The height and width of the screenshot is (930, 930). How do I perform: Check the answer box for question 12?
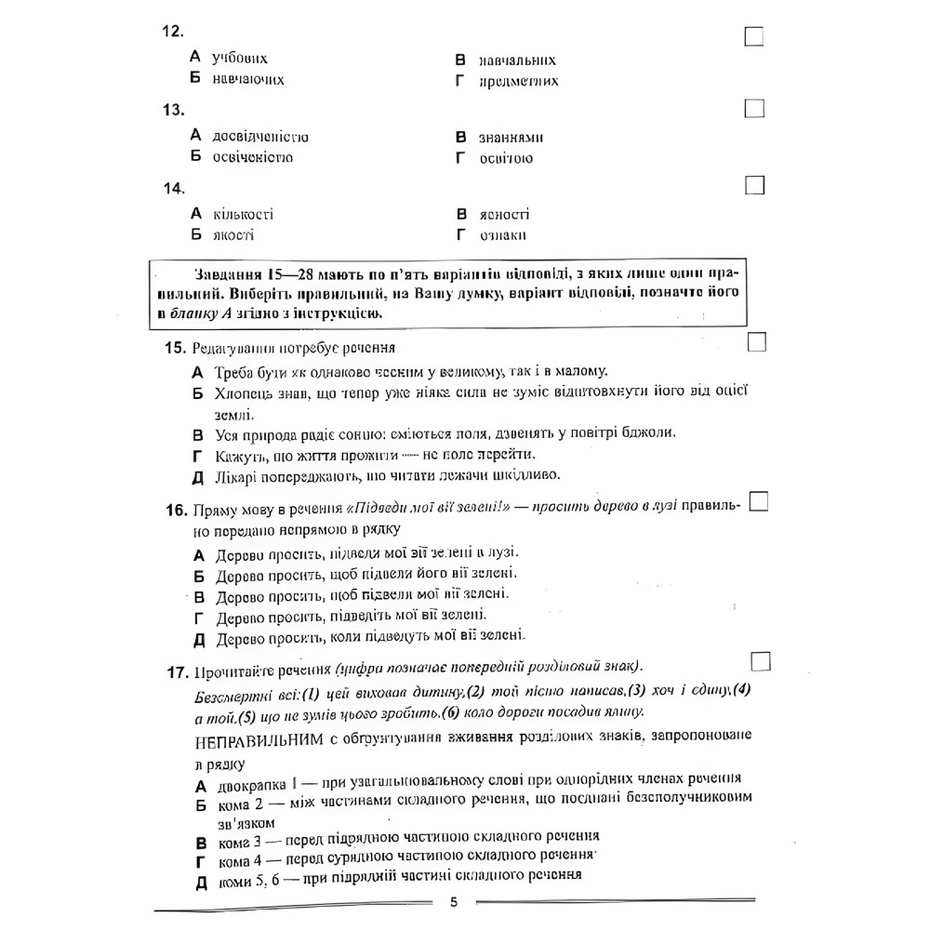pyautogui.click(x=754, y=36)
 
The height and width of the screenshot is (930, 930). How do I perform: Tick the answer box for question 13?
pyautogui.click(x=754, y=109)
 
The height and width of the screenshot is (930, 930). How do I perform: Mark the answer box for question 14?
pyautogui.click(x=754, y=186)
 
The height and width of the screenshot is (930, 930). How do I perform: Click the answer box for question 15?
pyautogui.click(x=756, y=342)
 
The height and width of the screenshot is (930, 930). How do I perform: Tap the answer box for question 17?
pyautogui.click(x=760, y=659)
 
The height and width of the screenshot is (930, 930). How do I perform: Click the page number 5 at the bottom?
pyautogui.click(x=454, y=902)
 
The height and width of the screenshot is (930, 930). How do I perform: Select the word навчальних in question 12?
pyautogui.click(x=518, y=60)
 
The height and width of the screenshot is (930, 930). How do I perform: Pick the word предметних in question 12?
pyautogui.click(x=519, y=81)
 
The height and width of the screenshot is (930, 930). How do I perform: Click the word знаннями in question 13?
pyautogui.click(x=511, y=138)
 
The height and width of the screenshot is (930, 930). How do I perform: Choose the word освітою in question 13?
pyautogui.click(x=507, y=158)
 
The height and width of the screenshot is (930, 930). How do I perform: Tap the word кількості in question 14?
pyautogui.click(x=243, y=215)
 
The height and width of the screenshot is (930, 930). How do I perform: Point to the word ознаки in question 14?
pyautogui.click(x=503, y=235)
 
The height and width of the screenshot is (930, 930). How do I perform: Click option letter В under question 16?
pyautogui.click(x=197, y=597)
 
